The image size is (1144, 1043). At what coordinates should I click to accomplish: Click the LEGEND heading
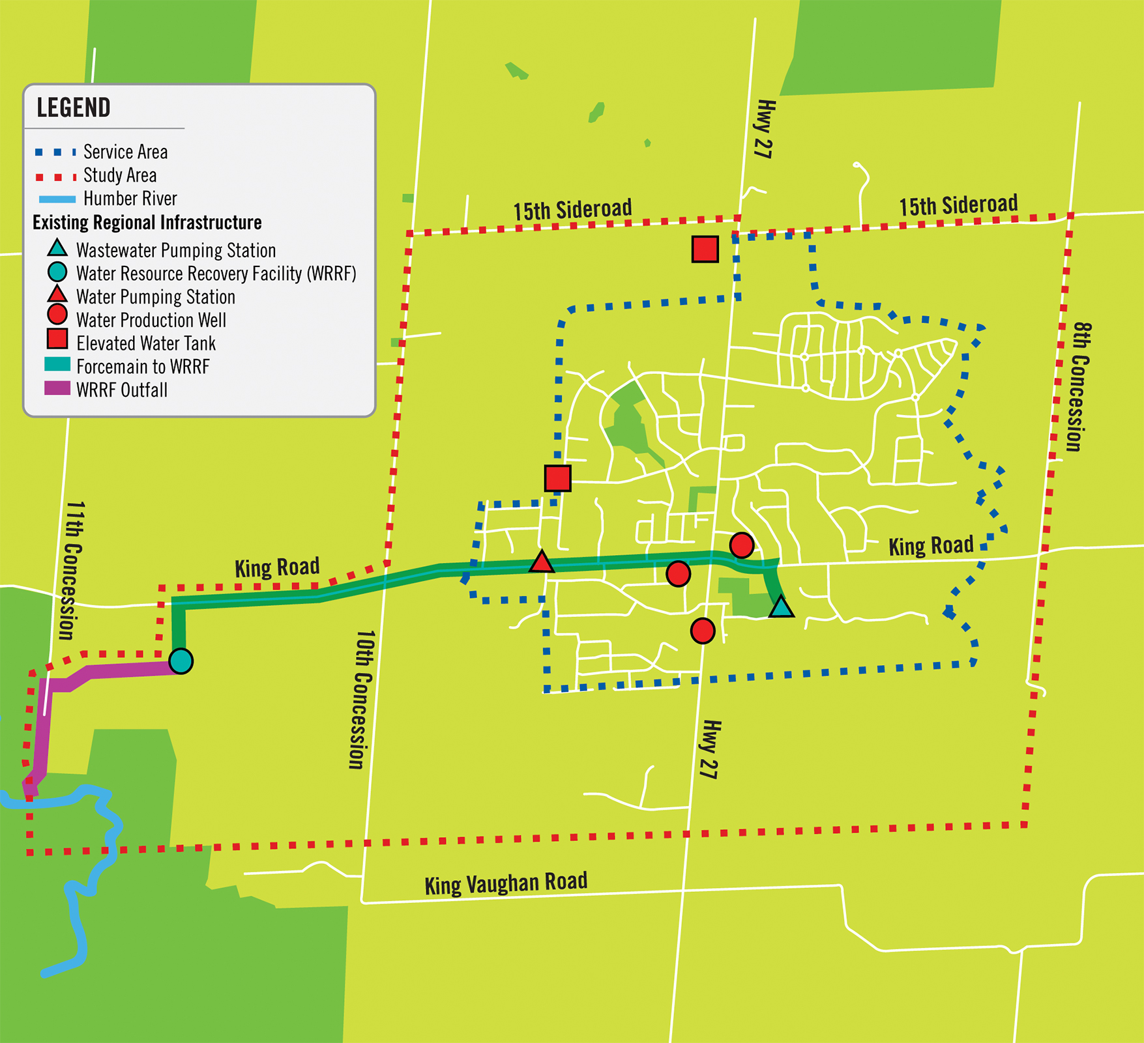(73, 107)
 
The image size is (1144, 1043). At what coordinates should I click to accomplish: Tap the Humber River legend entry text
(130, 199)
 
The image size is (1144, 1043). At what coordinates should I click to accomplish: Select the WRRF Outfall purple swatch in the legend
(57, 389)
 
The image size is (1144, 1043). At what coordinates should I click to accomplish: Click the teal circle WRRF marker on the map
(181, 661)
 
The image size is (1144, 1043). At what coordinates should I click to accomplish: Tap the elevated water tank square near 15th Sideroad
(705, 249)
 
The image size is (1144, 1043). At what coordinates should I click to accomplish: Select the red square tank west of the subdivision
(557, 478)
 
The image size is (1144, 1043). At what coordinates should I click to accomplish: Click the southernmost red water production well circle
(702, 631)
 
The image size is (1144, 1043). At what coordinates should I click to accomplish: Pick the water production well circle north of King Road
(741, 545)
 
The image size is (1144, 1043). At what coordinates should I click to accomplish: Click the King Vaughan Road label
(506, 883)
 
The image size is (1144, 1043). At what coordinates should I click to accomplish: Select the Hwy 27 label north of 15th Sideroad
(764, 129)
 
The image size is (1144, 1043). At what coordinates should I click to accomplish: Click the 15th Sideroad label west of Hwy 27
(572, 210)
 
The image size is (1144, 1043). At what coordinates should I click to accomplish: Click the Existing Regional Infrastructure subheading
(147, 223)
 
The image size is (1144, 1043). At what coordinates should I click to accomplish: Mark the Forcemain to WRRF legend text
(143, 367)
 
